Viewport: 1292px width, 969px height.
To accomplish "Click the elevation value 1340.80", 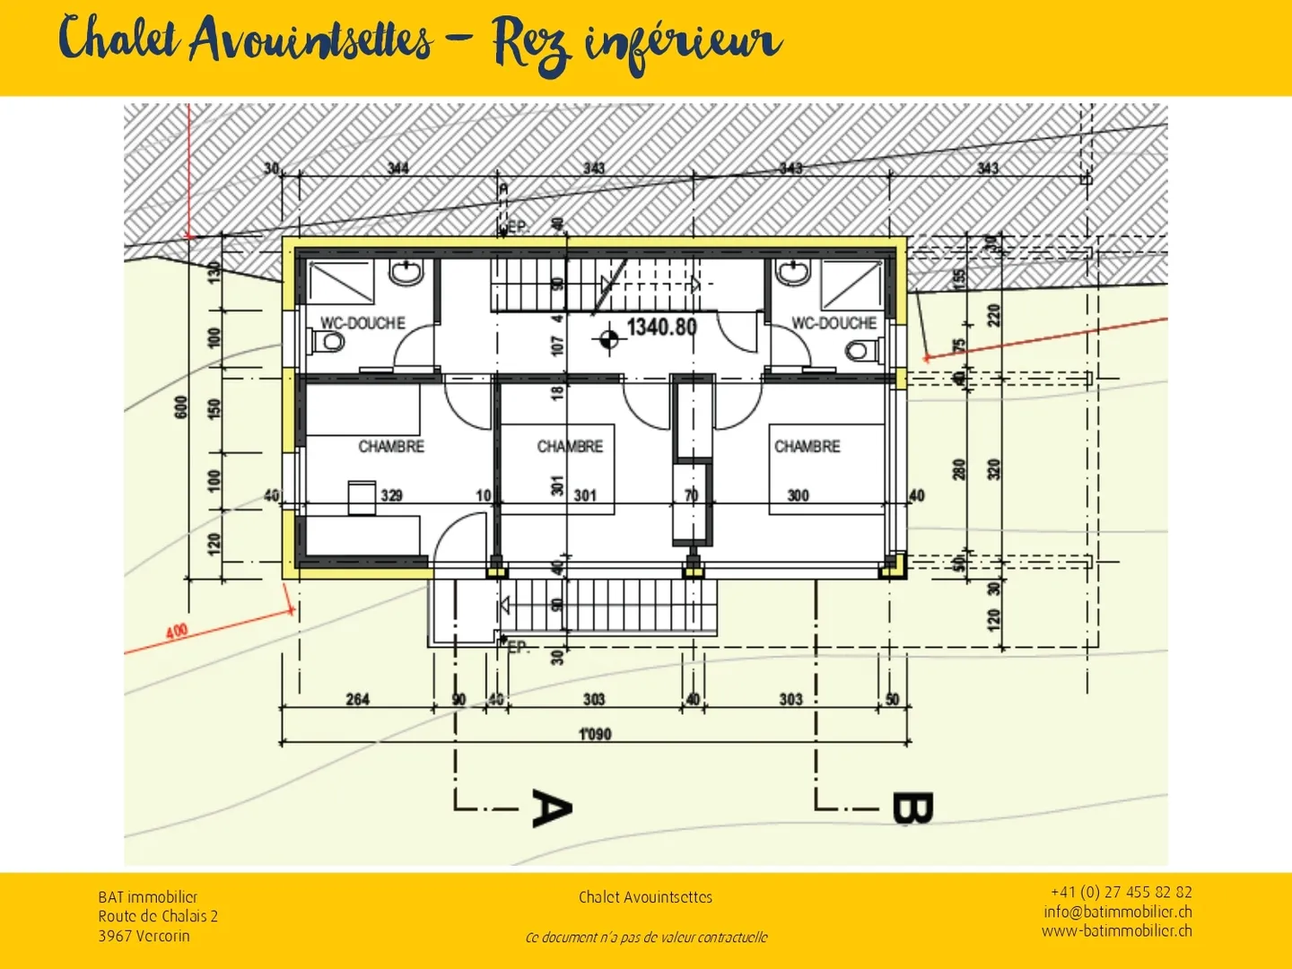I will [661, 327].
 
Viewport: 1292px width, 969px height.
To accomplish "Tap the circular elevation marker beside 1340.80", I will [608, 339].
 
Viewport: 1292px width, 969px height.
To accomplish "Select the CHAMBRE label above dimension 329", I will [391, 446].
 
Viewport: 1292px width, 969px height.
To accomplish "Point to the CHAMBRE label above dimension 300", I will [807, 446].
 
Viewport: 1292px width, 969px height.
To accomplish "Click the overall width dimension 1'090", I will [594, 734].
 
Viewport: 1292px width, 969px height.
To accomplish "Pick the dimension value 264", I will [357, 699].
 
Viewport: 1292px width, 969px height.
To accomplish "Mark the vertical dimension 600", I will [181, 406].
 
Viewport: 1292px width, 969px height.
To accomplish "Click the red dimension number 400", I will [177, 631].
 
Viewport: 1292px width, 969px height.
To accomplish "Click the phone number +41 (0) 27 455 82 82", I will [1121, 892].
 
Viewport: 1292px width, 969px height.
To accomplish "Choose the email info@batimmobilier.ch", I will [1117, 912].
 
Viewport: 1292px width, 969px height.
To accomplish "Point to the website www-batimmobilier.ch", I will [1116, 931].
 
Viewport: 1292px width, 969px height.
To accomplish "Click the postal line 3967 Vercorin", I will [144, 936].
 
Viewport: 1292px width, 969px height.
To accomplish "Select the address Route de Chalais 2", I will [158, 916].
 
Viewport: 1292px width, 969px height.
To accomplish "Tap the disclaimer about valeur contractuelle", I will [646, 938].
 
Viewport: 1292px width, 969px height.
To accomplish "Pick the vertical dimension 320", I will [993, 468].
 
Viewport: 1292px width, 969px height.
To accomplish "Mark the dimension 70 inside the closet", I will [691, 495].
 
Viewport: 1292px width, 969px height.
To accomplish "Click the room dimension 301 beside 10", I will [585, 495].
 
